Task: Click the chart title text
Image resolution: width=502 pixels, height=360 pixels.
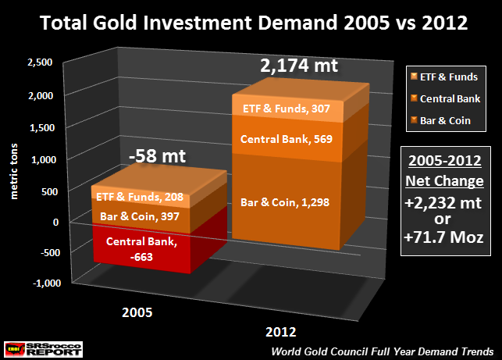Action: tap(251, 23)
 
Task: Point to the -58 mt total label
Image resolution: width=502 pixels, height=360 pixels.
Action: tap(158, 156)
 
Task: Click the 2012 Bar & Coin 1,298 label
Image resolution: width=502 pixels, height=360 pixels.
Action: tap(297, 202)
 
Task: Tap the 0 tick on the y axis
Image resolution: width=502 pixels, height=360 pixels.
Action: tap(55, 221)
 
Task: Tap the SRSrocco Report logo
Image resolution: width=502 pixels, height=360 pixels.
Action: tap(43, 348)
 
